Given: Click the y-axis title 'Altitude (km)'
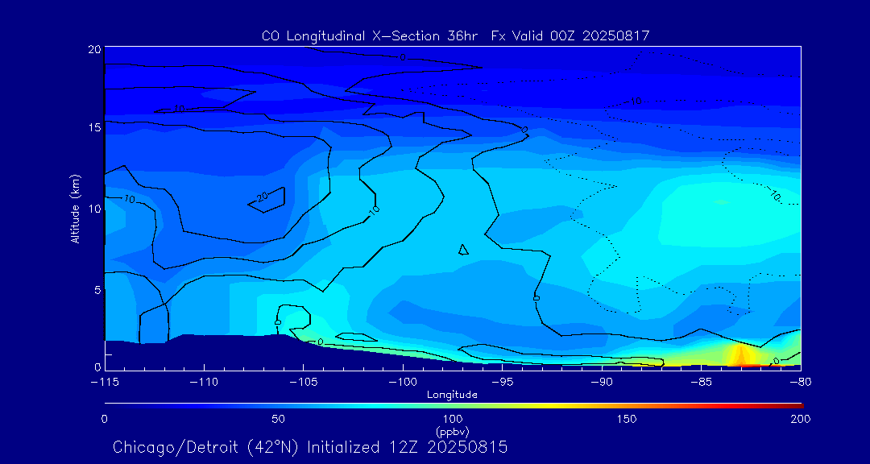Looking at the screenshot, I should coord(75,208).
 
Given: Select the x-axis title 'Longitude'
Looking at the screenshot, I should coord(452,395).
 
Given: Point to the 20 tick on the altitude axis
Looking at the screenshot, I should coord(93,50).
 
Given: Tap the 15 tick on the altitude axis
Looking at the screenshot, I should coord(93,127).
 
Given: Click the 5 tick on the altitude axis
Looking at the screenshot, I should coord(96,289).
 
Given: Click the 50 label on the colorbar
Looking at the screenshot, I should coord(278,419).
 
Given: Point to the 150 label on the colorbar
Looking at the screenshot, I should coord(626,419).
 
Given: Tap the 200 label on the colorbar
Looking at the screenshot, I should coord(800,419).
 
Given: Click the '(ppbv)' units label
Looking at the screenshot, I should coord(452,431).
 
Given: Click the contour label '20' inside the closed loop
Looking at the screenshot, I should coord(262,197).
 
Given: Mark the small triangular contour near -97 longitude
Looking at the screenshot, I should coord(463,250).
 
